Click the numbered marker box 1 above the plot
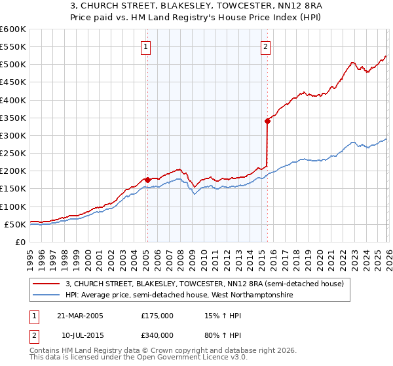(x=145, y=46)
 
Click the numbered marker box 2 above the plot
(x=265, y=46)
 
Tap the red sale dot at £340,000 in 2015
(x=268, y=121)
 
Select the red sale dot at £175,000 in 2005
(x=147, y=180)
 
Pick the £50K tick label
(x=15, y=224)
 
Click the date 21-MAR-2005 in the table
(x=80, y=316)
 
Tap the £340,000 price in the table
(x=157, y=335)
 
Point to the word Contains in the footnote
(x=46, y=352)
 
